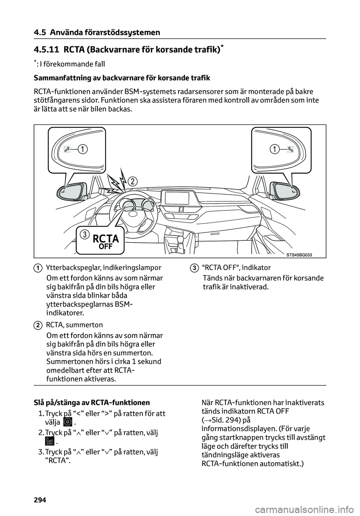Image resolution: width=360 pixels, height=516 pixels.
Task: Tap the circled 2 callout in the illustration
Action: point(132,181)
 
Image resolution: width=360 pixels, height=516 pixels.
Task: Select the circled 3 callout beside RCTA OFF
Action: point(85,235)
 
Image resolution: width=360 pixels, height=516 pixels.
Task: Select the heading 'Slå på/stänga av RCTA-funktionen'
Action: point(91,403)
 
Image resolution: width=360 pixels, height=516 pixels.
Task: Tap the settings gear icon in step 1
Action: point(67,421)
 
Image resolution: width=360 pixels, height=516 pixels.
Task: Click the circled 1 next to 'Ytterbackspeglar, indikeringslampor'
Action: point(39,268)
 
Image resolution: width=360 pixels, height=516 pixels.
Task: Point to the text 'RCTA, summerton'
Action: point(74,325)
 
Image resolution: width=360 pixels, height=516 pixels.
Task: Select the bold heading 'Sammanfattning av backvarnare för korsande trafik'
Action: point(121,78)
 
